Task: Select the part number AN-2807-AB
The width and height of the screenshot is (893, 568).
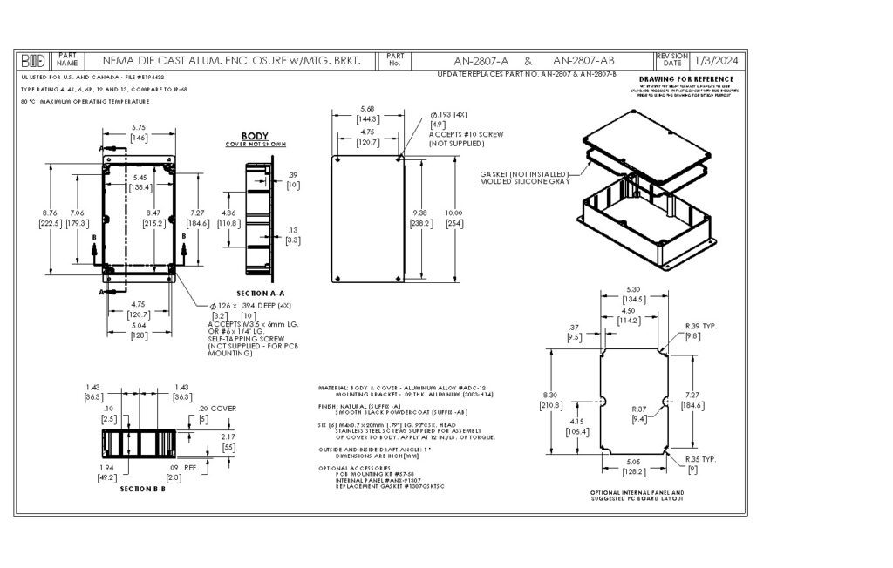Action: click(583, 61)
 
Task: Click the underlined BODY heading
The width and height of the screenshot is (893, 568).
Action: click(255, 137)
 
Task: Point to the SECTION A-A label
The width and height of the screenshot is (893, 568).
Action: click(261, 293)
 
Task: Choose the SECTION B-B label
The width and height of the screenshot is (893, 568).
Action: click(142, 489)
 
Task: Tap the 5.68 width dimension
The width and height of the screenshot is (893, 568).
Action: click(367, 109)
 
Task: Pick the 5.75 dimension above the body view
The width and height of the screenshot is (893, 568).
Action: click(138, 127)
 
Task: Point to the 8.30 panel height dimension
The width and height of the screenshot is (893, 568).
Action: click(550, 396)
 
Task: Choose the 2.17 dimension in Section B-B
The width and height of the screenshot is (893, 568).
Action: click(229, 436)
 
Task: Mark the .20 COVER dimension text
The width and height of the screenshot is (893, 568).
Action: click(218, 409)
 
